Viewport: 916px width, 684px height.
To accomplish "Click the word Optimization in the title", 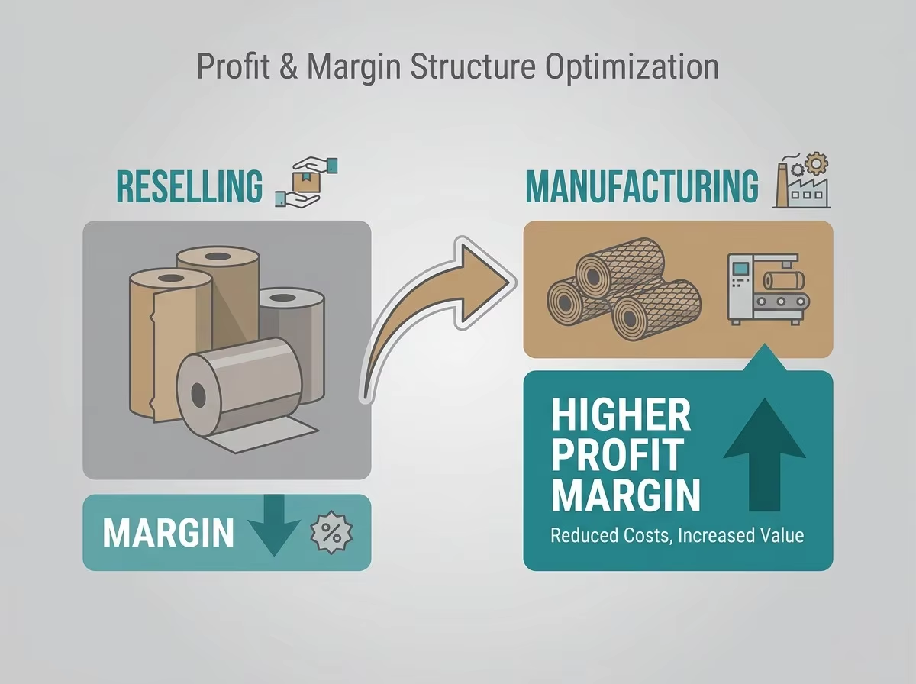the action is (x=632, y=67).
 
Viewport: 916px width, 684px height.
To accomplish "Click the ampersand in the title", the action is (x=289, y=66).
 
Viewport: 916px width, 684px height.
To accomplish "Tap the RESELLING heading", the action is (x=189, y=186).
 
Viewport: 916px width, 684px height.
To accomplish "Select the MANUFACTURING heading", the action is (x=642, y=186).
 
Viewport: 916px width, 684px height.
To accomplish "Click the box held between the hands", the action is (x=303, y=181).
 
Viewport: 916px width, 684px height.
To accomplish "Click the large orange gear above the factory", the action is (x=817, y=164).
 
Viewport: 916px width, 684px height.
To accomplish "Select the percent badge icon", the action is (x=332, y=533).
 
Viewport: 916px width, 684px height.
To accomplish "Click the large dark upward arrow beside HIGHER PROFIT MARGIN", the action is (x=765, y=454).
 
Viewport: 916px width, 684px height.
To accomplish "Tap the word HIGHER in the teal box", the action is (x=621, y=415).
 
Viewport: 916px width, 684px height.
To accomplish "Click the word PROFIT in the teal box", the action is (x=618, y=455).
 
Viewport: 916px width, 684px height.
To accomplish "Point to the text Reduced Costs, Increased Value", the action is (x=677, y=535).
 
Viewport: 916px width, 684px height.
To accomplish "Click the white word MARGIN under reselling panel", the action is (x=168, y=533).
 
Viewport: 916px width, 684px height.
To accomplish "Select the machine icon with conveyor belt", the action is (x=768, y=289).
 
